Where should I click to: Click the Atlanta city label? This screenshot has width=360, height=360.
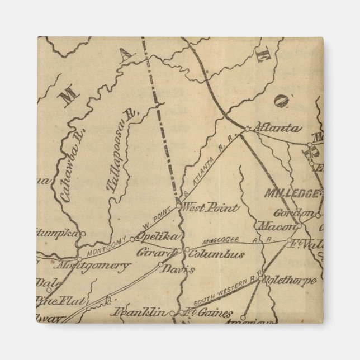pyautogui.click(x=277, y=128)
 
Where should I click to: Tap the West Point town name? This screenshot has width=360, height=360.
pyautogui.click(x=211, y=208)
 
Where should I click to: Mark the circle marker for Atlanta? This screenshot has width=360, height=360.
pyautogui.click(x=248, y=129)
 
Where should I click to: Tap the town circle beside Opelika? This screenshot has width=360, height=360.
pyautogui.click(x=132, y=239)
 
